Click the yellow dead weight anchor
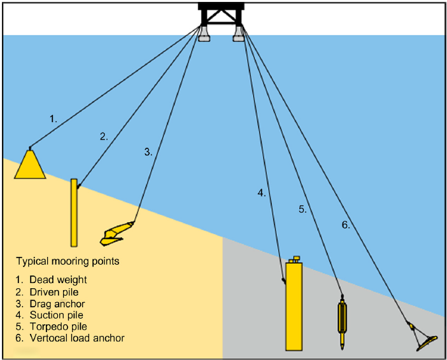[x=29, y=166]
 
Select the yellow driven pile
[x=74, y=213]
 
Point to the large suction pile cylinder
[x=294, y=305]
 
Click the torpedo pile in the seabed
[x=343, y=322]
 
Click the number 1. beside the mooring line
[x=53, y=118]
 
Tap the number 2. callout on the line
[x=104, y=135]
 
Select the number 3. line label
[x=148, y=151]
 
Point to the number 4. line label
[x=262, y=192]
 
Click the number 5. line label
[x=302, y=209]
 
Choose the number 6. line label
[x=345, y=224]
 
